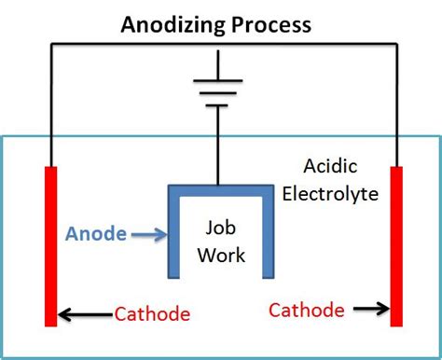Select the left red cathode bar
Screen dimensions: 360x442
coord(50,246)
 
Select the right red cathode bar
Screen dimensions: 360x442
coord(396,246)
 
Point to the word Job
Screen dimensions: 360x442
coord(222,227)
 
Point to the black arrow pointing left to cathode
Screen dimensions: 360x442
coord(85,313)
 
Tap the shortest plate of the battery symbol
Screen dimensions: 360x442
coord(219,105)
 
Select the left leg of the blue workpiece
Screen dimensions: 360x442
coord(173,233)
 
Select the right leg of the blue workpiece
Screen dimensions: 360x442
coord(268,233)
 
